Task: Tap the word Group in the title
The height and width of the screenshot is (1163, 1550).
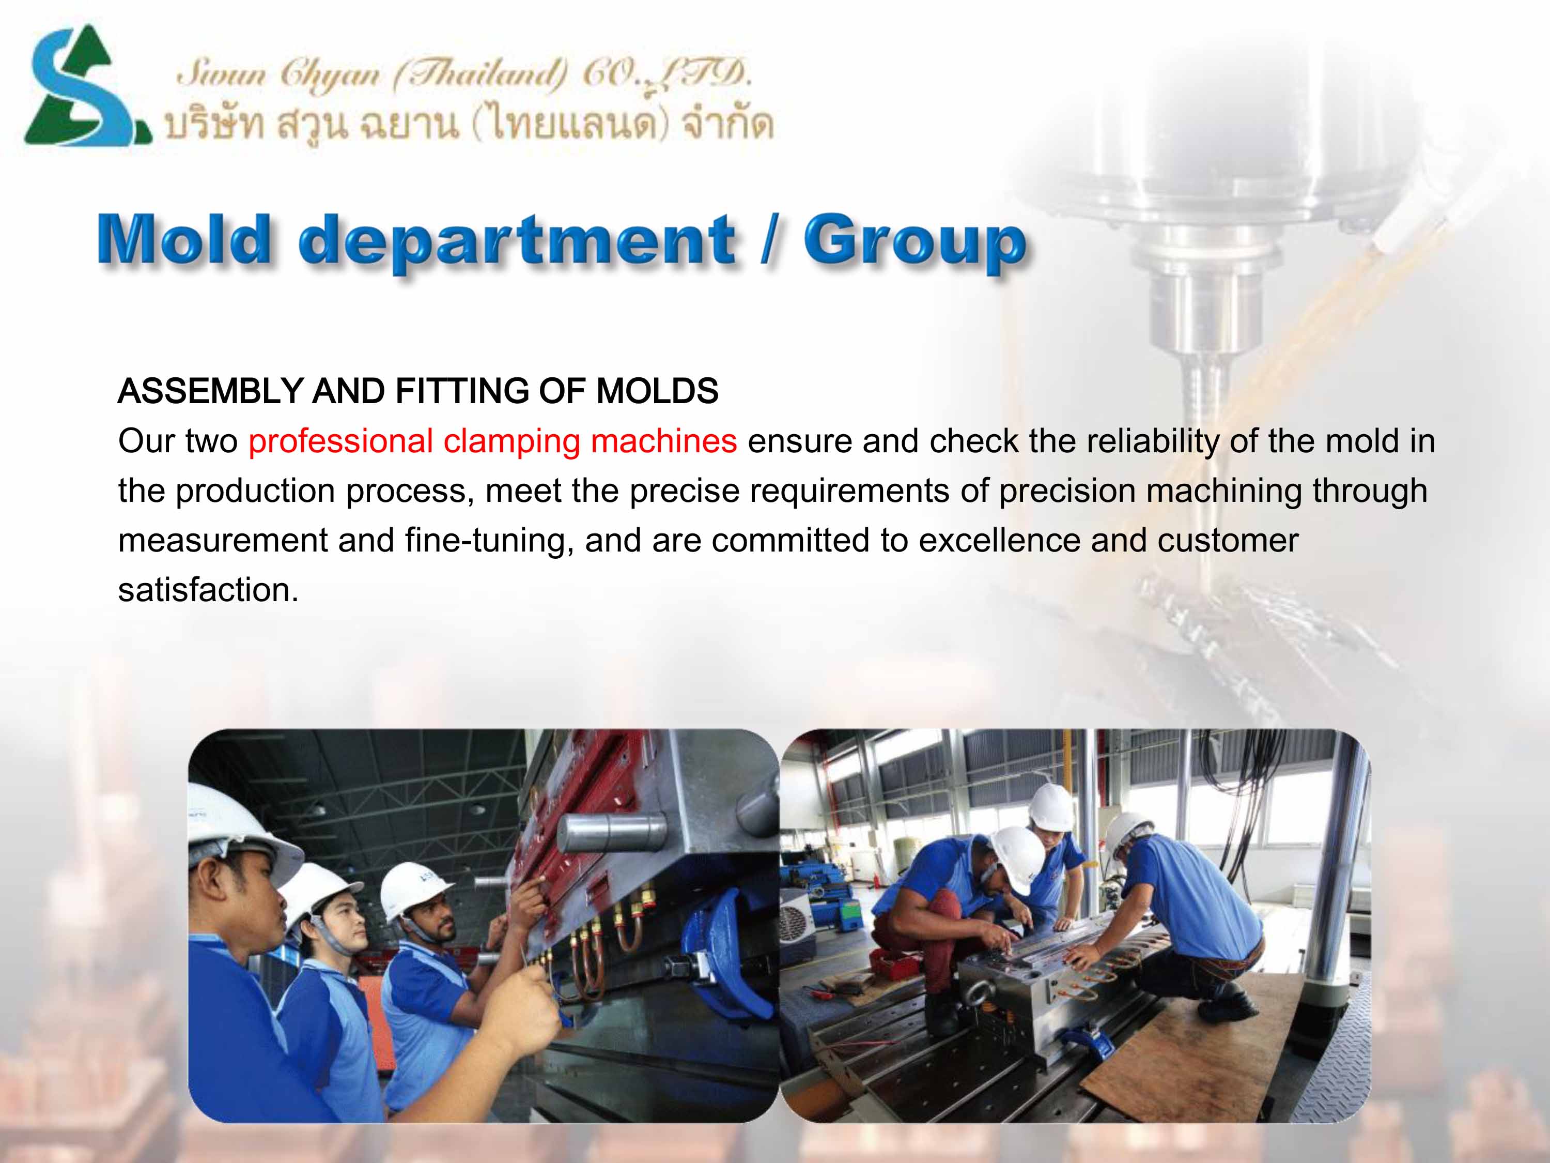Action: pos(915,242)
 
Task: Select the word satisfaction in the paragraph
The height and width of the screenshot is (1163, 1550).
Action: pos(208,590)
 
